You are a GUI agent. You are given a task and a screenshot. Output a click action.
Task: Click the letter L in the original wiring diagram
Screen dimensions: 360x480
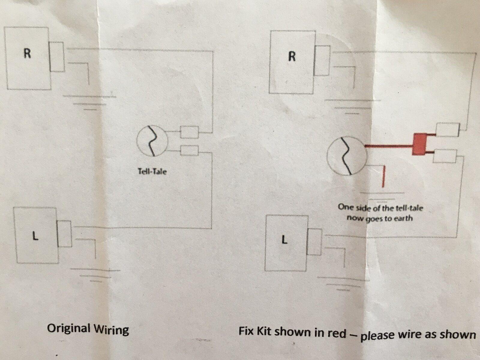(x=35, y=237)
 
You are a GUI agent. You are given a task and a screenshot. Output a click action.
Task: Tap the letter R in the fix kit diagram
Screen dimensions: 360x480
(x=291, y=56)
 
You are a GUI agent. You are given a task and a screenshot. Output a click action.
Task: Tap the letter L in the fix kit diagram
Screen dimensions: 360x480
(x=284, y=240)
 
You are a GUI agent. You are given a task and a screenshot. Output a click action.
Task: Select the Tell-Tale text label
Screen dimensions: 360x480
(x=152, y=172)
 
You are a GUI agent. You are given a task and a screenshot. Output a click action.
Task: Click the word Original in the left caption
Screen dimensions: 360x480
(x=69, y=328)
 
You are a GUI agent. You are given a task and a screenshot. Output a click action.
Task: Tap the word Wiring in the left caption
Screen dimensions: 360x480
(x=111, y=330)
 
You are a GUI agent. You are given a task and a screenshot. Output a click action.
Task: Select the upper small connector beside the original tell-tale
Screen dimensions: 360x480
(x=189, y=132)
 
